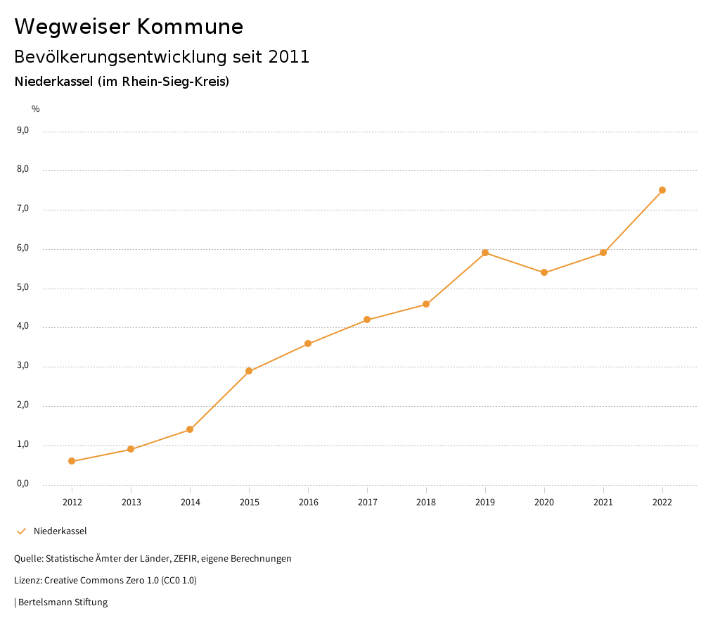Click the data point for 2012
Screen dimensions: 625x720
72,461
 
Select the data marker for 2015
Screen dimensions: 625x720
249,371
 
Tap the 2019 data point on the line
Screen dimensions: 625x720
485,253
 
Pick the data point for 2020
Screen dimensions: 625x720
544,272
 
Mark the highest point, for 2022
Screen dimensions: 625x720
662,190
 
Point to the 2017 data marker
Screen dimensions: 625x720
367,320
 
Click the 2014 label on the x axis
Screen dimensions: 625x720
190,502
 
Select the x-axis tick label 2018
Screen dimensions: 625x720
426,502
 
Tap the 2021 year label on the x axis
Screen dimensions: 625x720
603,502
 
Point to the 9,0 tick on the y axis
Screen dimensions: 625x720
22,130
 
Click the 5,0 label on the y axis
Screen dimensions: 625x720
22,287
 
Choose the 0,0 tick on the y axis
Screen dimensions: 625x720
22,484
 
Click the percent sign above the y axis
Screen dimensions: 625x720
36,109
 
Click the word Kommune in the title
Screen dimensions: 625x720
189,27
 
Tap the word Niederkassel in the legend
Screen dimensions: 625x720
60,531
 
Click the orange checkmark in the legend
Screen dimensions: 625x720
21,531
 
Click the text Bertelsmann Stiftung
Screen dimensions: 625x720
63,602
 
